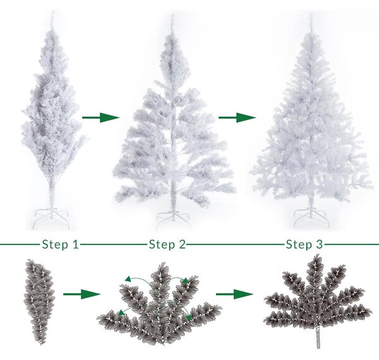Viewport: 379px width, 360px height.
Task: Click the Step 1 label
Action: [x=61, y=244]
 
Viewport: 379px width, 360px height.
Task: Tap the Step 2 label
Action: [x=167, y=244]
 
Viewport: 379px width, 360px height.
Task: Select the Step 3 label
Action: [x=304, y=244]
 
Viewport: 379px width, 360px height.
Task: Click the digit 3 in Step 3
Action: [x=319, y=244]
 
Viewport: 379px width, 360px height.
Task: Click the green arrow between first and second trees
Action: [x=101, y=117]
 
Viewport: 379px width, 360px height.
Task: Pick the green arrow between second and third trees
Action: [x=237, y=117]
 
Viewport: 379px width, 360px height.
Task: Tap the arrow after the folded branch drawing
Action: [x=81, y=294]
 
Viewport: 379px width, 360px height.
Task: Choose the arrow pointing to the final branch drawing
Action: [x=234, y=294]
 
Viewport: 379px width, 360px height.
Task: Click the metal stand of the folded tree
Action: [x=51, y=217]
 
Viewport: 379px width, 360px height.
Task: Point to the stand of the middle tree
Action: [x=173, y=219]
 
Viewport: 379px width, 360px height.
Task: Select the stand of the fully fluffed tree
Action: [x=311, y=217]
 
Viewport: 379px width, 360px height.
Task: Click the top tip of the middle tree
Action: [x=172, y=15]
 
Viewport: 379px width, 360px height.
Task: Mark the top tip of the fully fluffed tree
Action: [x=311, y=14]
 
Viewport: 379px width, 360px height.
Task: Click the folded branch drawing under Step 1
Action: [x=39, y=302]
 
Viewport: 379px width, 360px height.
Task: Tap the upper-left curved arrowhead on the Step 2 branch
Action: [x=128, y=279]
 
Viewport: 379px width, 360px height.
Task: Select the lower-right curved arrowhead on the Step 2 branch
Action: [x=188, y=318]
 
